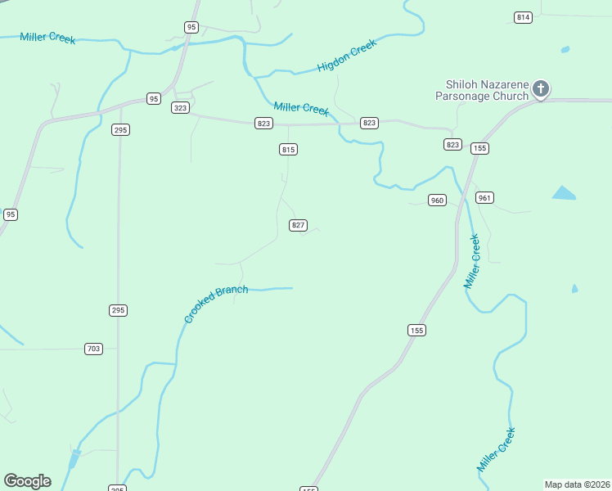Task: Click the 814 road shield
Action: tap(523, 17)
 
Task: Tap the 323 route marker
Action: tap(181, 108)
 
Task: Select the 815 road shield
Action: tap(288, 149)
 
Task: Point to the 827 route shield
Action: tap(299, 225)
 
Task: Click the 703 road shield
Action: tap(94, 349)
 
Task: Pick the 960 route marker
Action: tap(437, 200)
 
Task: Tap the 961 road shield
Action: tap(484, 198)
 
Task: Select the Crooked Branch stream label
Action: tap(215, 304)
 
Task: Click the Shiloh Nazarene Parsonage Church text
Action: tap(487, 90)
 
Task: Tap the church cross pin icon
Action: tap(541, 88)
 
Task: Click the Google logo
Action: tap(27, 481)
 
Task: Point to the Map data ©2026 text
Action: tap(577, 484)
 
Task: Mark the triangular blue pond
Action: tap(564, 194)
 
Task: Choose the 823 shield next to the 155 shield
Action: tap(453, 144)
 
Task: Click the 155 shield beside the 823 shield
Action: tap(479, 148)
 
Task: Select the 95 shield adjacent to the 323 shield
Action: tap(154, 99)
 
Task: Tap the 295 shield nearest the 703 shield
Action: tap(119, 310)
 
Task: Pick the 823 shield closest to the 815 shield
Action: tap(263, 124)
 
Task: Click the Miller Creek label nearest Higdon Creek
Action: tap(301, 108)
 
